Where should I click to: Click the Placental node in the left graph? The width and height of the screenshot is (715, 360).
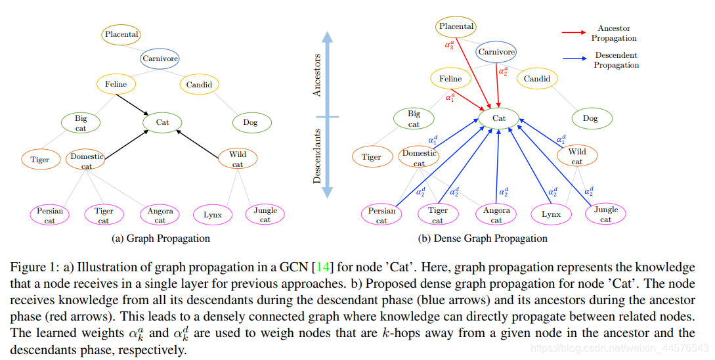122,34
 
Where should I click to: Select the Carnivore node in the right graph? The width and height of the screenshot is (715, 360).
496,53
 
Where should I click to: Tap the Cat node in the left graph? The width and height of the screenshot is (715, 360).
162,122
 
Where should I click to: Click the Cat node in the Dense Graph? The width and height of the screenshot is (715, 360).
499,118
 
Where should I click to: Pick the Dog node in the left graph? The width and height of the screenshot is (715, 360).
250,122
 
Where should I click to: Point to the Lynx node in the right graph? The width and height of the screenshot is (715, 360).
551,214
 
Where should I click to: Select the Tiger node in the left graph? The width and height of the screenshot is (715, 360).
40,160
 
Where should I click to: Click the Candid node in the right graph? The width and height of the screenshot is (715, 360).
537,79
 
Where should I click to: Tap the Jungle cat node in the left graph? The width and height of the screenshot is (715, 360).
265,215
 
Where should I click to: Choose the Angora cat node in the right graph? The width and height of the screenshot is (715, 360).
496,215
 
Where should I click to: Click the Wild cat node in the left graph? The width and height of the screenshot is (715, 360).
238,159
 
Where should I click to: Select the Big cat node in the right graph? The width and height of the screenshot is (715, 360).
414,119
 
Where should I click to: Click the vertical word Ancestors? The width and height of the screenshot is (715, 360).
318,76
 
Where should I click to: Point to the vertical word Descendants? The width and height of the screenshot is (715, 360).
318,156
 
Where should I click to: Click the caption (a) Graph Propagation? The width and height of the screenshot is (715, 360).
162,238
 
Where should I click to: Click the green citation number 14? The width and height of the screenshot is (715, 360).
322,268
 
